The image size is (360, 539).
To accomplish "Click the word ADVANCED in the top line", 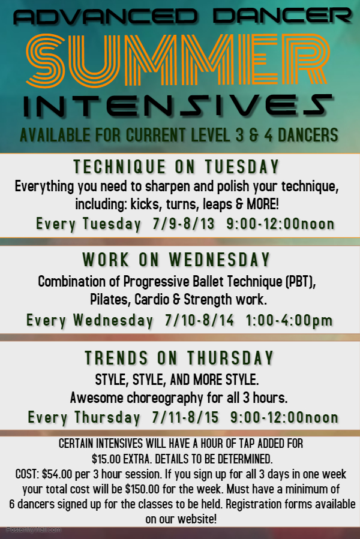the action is click(106, 17).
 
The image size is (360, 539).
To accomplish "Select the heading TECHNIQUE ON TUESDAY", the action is click(176, 167).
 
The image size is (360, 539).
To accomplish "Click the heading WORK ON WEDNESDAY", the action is click(176, 260).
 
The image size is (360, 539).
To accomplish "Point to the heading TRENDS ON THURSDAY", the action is click(179, 358).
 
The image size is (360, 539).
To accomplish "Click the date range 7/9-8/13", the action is click(184, 224).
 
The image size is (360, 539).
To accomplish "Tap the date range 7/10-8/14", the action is click(199, 320).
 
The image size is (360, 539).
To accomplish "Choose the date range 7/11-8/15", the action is click(185, 417).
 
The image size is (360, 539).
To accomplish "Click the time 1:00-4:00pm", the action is click(289, 321).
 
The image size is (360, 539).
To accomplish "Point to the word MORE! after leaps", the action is click(263, 204).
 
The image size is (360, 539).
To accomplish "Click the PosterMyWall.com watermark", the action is click(34, 530).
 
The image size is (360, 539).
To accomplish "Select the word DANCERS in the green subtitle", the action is click(308, 135).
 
